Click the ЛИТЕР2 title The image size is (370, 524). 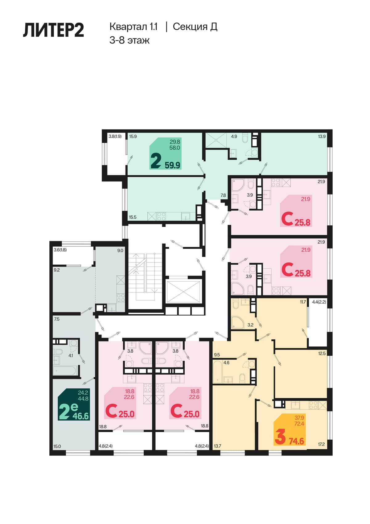53,30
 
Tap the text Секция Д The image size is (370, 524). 195,27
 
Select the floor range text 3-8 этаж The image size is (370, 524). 129,40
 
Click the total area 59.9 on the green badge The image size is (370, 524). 172,166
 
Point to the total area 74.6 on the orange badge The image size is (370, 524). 296,441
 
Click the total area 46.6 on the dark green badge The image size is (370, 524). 81,416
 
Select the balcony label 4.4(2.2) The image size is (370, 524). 319,302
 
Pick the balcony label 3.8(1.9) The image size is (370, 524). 115,136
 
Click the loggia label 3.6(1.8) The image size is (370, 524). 60,250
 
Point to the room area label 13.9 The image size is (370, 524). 322,136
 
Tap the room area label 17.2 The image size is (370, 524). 321,444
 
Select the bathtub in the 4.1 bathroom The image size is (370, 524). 64,370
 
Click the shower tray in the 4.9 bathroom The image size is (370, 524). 216,140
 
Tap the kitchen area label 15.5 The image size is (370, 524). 133,217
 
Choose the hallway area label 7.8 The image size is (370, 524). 223,195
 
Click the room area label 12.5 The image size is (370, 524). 322,354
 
